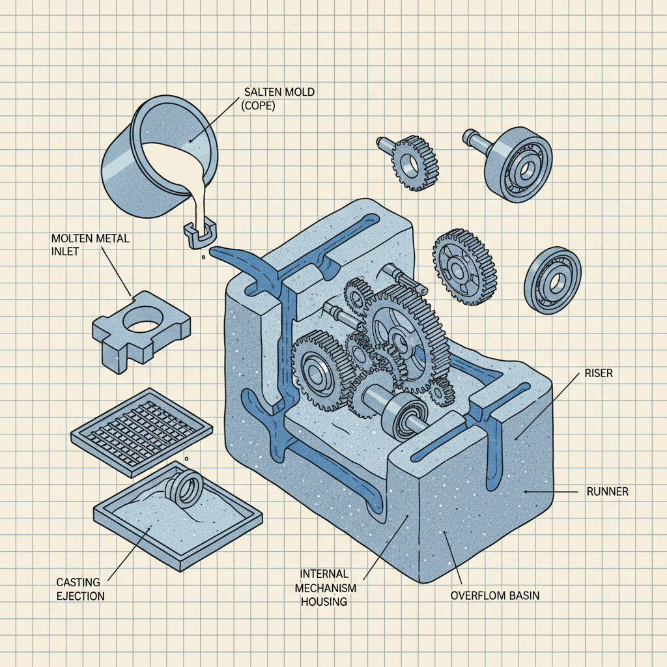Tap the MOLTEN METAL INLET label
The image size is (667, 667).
90,246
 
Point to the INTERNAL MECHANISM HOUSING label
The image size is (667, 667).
324,588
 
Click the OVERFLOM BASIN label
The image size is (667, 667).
494,595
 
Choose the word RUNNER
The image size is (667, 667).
607,492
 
